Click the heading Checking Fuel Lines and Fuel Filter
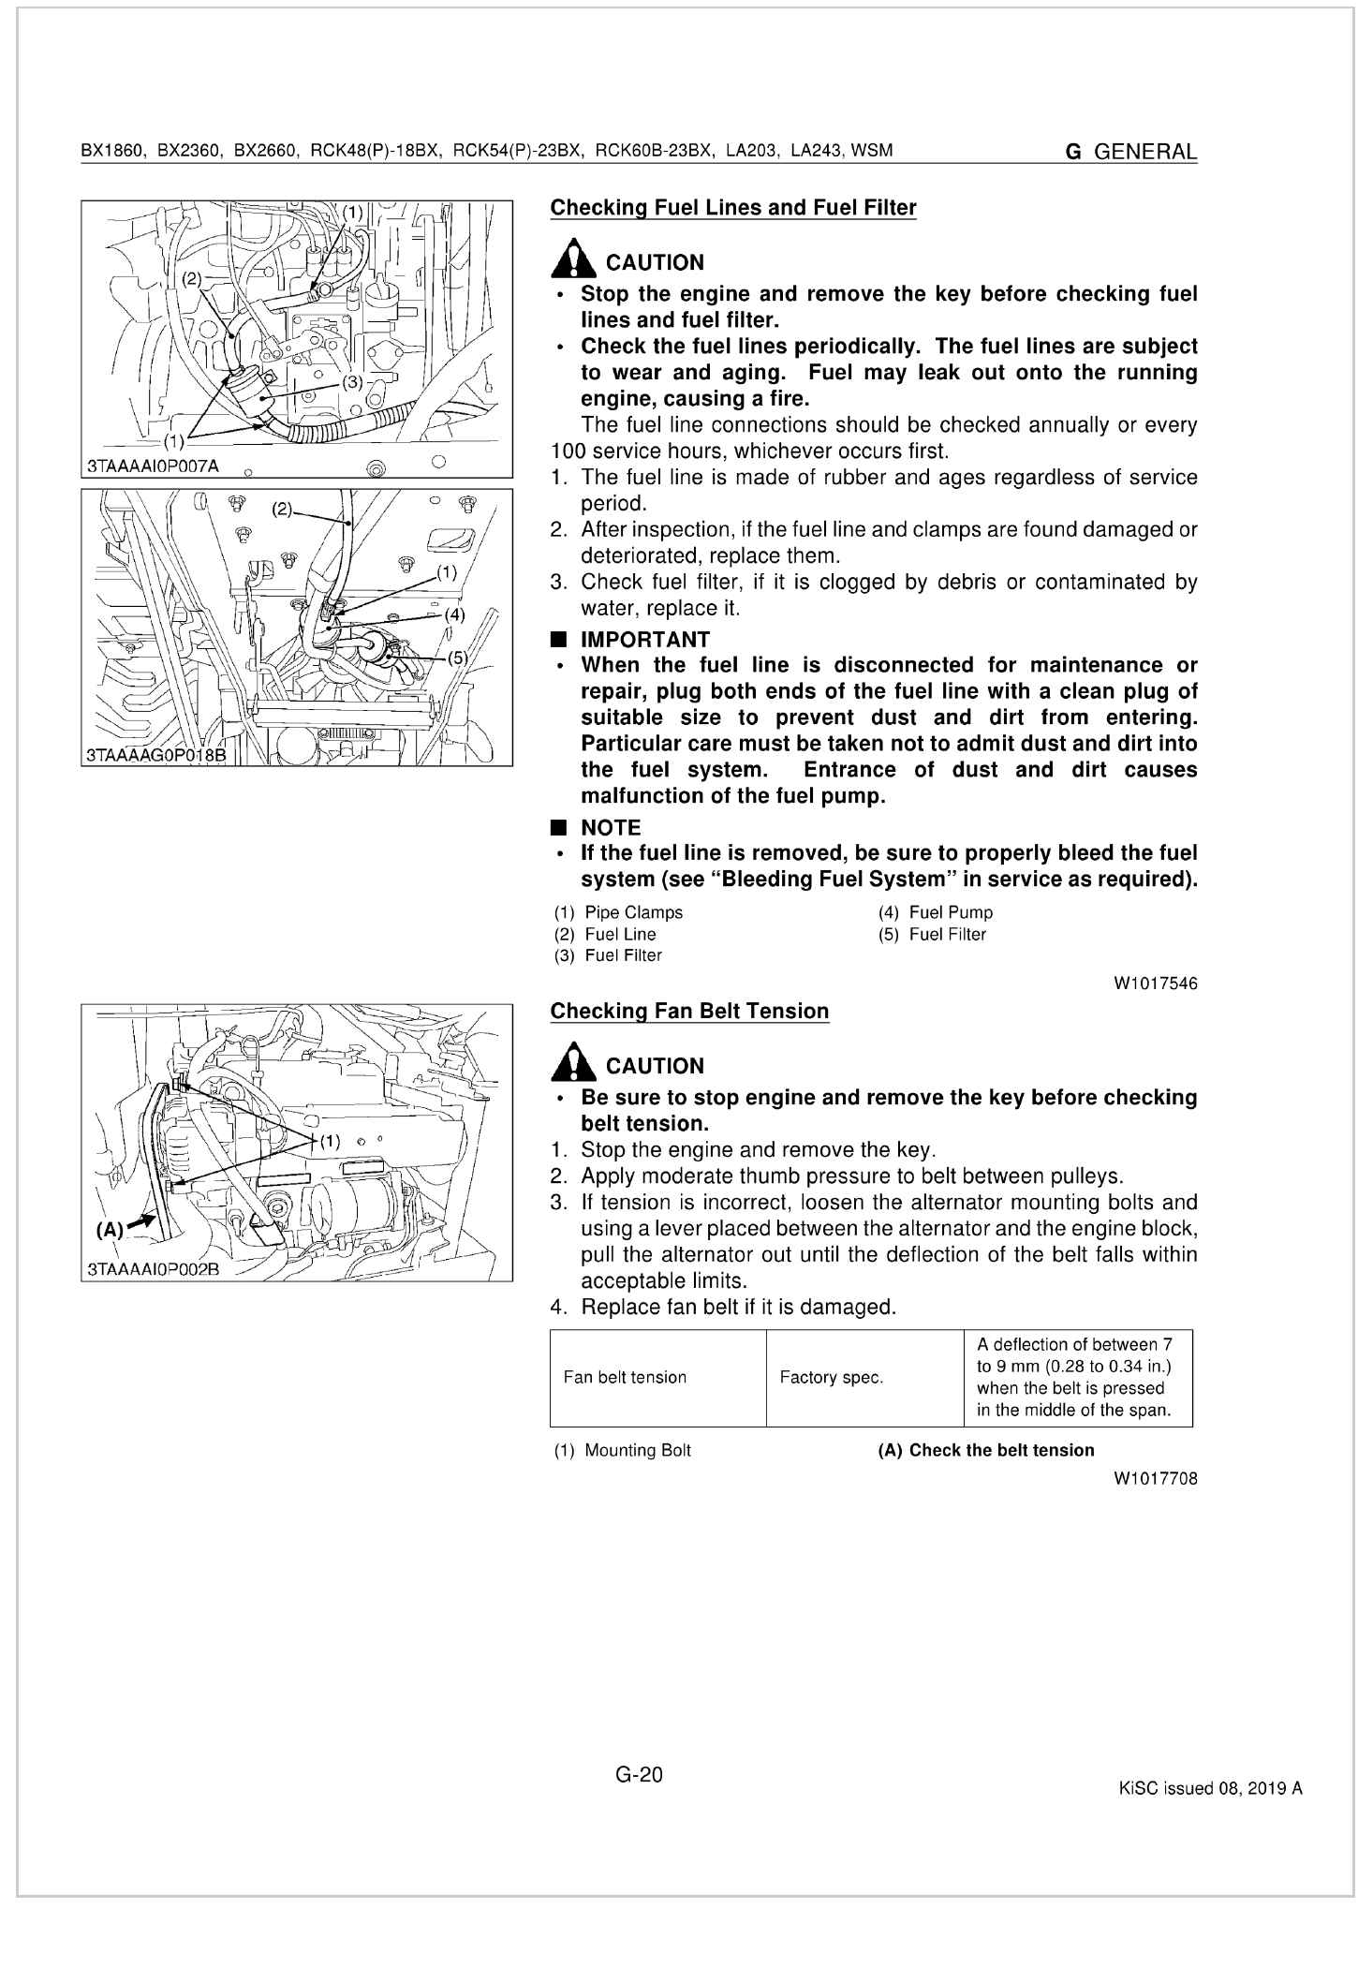732,208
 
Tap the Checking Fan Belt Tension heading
689,1012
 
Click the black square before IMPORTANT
559,640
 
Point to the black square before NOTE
559,828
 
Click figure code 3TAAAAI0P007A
153,466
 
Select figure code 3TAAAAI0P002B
153,1270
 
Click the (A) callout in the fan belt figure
110,1230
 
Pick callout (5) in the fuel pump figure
457,658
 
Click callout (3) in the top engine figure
352,382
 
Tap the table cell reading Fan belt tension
625,1377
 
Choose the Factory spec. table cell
831,1377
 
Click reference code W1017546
1155,983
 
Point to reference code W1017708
1155,1479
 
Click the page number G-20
640,1773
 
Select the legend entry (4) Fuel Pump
936,912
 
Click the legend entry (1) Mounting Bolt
623,1451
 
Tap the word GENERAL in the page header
1144,152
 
